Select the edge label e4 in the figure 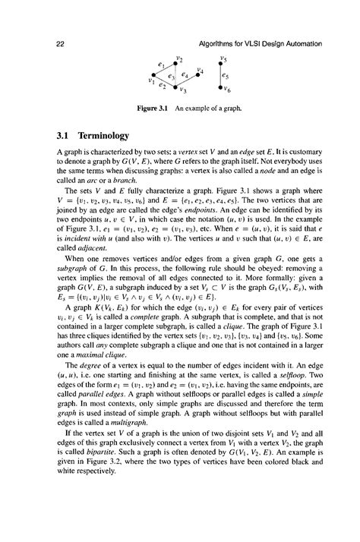coord(186,74)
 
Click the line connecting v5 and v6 coord(220,76)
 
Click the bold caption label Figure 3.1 coord(152,108)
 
